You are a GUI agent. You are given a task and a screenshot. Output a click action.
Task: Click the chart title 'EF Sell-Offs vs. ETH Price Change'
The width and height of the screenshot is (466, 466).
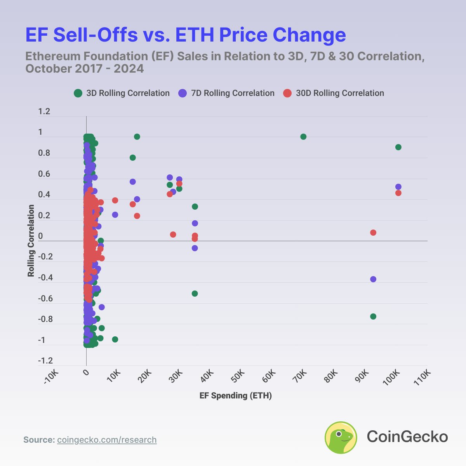tap(186, 35)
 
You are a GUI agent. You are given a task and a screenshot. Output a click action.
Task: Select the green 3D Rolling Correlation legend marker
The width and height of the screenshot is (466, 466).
tap(78, 93)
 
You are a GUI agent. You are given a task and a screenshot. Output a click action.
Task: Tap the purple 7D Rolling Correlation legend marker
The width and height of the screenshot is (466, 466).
tap(183, 93)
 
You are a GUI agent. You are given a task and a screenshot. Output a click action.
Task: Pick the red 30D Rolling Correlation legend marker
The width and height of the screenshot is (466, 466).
tap(287, 93)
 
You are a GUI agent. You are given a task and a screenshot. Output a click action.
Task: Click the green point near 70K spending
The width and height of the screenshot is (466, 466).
tap(303, 137)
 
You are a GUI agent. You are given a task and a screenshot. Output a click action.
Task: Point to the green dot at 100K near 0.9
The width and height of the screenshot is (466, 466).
tap(398, 147)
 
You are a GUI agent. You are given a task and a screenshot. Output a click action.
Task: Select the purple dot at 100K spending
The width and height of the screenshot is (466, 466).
tap(398, 187)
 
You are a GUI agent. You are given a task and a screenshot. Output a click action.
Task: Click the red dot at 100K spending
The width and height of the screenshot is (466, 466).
tap(398, 193)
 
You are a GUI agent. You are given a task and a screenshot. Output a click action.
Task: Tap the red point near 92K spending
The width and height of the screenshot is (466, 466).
tap(373, 233)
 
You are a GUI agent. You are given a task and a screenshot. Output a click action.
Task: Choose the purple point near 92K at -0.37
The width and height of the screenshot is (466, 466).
tap(373, 279)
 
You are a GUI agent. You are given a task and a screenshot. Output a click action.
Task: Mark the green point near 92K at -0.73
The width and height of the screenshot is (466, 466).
tap(373, 316)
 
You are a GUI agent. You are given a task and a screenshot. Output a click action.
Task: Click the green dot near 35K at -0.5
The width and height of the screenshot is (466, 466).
tap(195, 294)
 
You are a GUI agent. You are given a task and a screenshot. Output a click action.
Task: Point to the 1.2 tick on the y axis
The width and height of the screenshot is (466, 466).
tap(44, 112)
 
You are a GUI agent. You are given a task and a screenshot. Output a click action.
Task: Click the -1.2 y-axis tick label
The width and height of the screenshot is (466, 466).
tap(45, 361)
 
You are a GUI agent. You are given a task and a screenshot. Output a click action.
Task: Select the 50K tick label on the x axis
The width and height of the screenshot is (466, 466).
tap(237, 376)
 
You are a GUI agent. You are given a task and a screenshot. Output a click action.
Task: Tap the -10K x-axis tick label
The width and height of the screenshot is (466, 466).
tap(51, 377)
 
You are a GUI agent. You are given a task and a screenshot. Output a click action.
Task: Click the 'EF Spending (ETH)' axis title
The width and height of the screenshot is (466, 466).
tap(236, 396)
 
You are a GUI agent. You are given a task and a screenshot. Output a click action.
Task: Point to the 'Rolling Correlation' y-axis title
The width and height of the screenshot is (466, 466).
tap(31, 241)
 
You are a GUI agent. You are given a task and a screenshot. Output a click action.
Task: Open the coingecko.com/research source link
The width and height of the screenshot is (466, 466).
tap(107, 440)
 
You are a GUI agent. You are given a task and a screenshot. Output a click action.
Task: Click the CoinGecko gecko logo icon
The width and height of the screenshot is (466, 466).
tap(341, 437)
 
